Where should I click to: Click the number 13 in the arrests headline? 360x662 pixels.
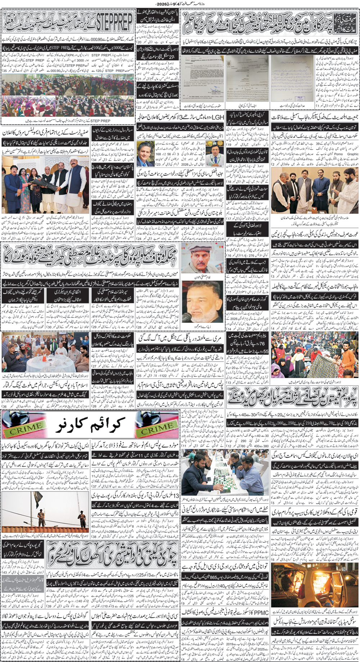point(176,496)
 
